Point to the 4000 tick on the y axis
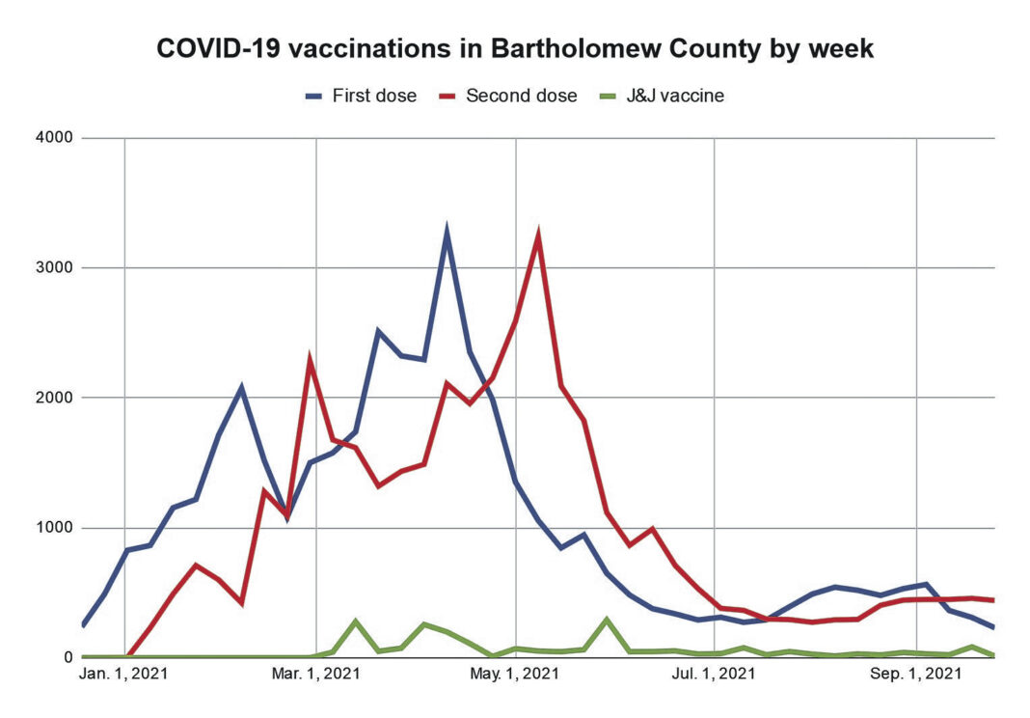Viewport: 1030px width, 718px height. point(54,138)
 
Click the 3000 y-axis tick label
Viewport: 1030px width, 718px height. point(54,267)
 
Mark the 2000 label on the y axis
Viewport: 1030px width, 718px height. point(54,398)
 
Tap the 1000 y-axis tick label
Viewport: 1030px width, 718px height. point(54,528)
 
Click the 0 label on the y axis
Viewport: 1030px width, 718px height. point(68,657)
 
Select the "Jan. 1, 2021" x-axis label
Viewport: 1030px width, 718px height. point(124,675)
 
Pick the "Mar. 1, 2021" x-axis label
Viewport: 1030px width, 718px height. point(315,675)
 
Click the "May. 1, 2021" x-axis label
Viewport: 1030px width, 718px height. point(516,675)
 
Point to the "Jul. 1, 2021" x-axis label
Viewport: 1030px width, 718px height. point(714,675)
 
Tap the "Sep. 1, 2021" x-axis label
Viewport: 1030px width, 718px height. point(915,675)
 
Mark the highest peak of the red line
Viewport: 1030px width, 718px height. point(538,235)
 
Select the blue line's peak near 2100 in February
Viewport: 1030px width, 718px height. point(241,388)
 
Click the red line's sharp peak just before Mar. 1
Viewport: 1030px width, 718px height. point(310,360)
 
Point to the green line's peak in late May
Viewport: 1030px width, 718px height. point(607,620)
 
